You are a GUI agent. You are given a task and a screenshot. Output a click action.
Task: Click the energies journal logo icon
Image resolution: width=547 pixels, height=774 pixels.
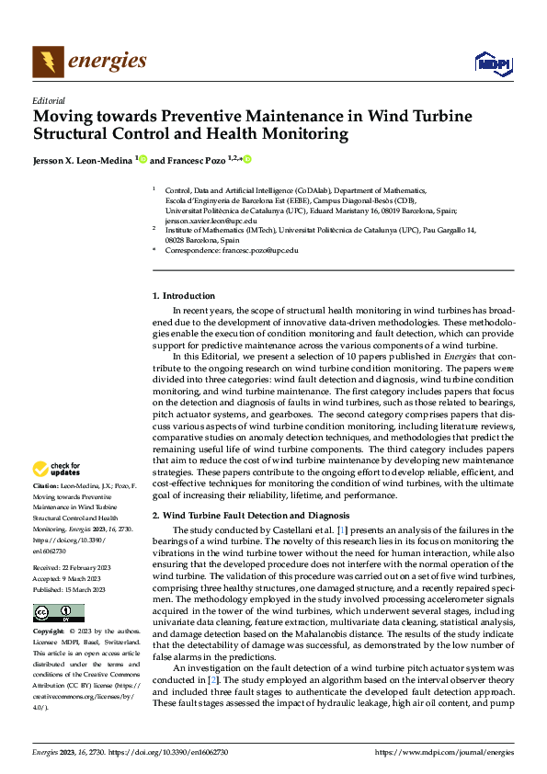click(x=48, y=62)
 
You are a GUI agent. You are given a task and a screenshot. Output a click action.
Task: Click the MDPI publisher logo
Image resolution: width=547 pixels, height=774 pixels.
click(x=492, y=63)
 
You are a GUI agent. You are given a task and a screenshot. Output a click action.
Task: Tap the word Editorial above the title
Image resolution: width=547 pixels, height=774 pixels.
click(x=49, y=100)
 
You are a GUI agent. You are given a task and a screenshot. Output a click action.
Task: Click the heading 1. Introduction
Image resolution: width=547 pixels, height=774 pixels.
click(x=183, y=295)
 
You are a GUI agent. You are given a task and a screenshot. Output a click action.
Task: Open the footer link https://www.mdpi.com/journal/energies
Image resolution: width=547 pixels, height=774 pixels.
click(x=445, y=752)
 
